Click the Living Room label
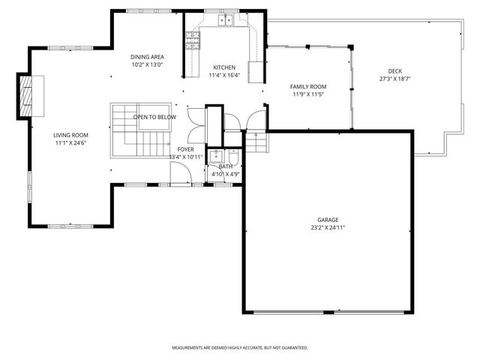[66, 135]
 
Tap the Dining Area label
[147, 57]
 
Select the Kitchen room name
[224, 67]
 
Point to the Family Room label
[309, 87]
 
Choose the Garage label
[328, 220]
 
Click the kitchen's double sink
[226, 19]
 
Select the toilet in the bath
[233, 155]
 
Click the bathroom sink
[216, 157]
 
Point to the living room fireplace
[28, 95]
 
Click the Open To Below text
[155, 118]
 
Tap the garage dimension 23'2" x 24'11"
[328, 227]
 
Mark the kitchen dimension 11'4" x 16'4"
[224, 75]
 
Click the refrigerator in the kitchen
[256, 71]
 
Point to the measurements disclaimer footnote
[240, 348]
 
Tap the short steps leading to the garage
[256, 142]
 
